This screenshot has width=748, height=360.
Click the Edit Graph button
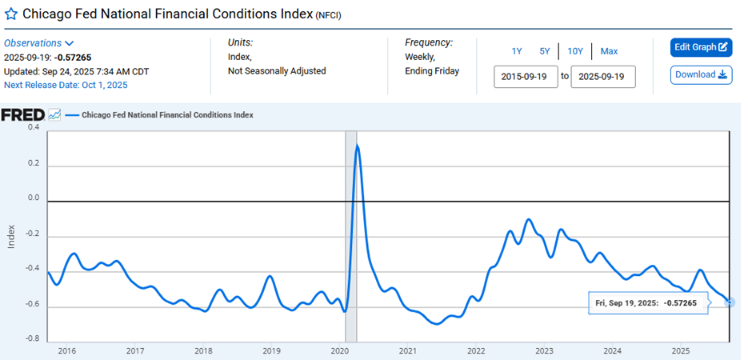click(x=701, y=47)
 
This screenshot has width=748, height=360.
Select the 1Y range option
click(x=517, y=51)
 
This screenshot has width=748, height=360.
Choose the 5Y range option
click(x=545, y=51)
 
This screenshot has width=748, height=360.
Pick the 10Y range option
click(x=575, y=51)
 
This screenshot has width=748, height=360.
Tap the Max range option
click(x=609, y=51)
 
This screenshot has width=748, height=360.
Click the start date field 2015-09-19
click(x=526, y=77)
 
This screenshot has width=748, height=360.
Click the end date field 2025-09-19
click(x=602, y=77)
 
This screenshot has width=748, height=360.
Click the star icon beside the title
click(x=11, y=14)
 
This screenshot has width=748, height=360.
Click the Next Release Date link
click(x=66, y=85)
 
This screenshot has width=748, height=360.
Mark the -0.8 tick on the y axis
click(x=33, y=338)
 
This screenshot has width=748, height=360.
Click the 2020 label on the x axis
click(x=339, y=350)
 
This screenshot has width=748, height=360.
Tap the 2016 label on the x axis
click(x=66, y=350)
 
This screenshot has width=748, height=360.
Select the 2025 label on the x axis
click(x=680, y=350)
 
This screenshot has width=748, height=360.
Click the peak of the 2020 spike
click(x=357, y=146)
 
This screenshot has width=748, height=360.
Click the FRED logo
click(x=22, y=115)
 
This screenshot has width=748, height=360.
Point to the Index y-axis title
click(x=11, y=234)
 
